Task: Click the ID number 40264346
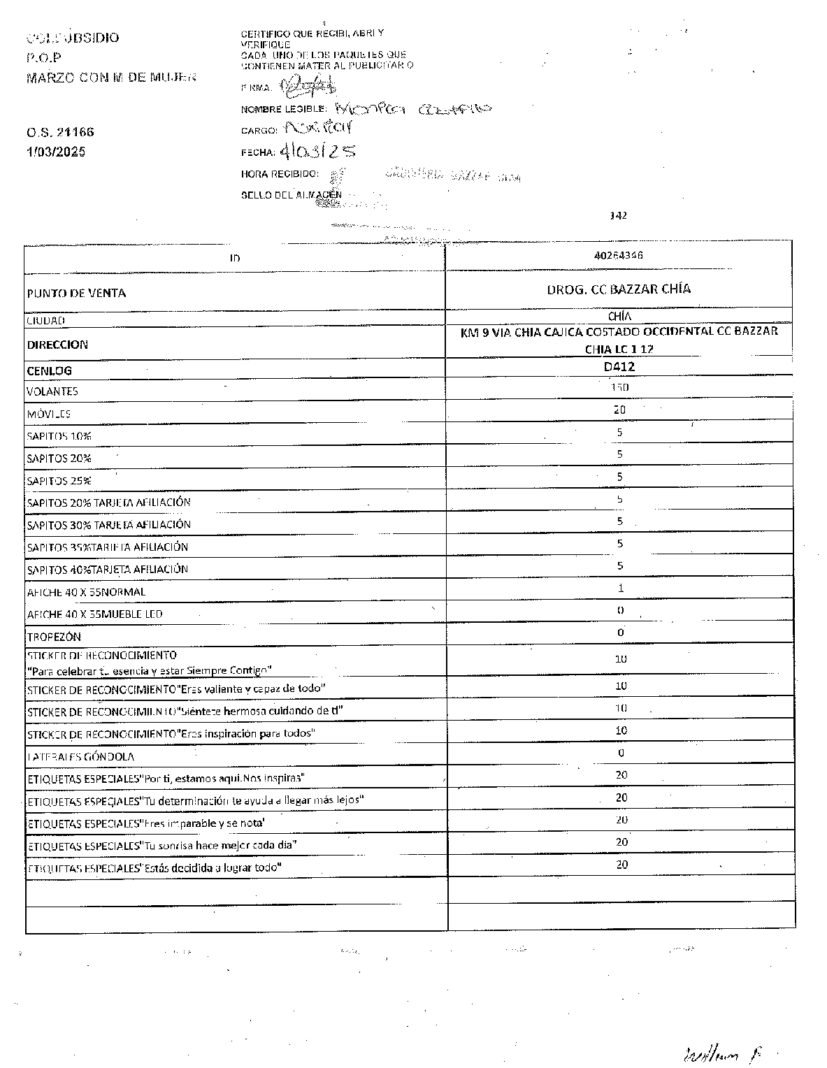[619, 255]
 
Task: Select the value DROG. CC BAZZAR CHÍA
[619, 289]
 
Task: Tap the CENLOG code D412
[619, 366]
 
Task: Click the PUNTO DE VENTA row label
[76, 293]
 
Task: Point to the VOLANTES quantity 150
[619, 387]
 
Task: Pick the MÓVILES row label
[49, 414]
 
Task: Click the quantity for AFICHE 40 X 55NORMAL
[621, 589]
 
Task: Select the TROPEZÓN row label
[54, 637]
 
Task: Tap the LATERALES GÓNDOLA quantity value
[621, 753]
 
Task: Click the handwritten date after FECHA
[317, 150]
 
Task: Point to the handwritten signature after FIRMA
[308, 87]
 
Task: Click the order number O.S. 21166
[60, 132]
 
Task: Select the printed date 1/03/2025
[55, 152]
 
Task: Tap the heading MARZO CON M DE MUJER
[111, 77]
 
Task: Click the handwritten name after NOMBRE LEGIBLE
[413, 108]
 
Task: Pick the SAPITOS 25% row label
[59, 481]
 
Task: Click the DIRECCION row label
[57, 345]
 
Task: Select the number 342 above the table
[619, 215]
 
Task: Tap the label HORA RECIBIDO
[280, 173]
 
